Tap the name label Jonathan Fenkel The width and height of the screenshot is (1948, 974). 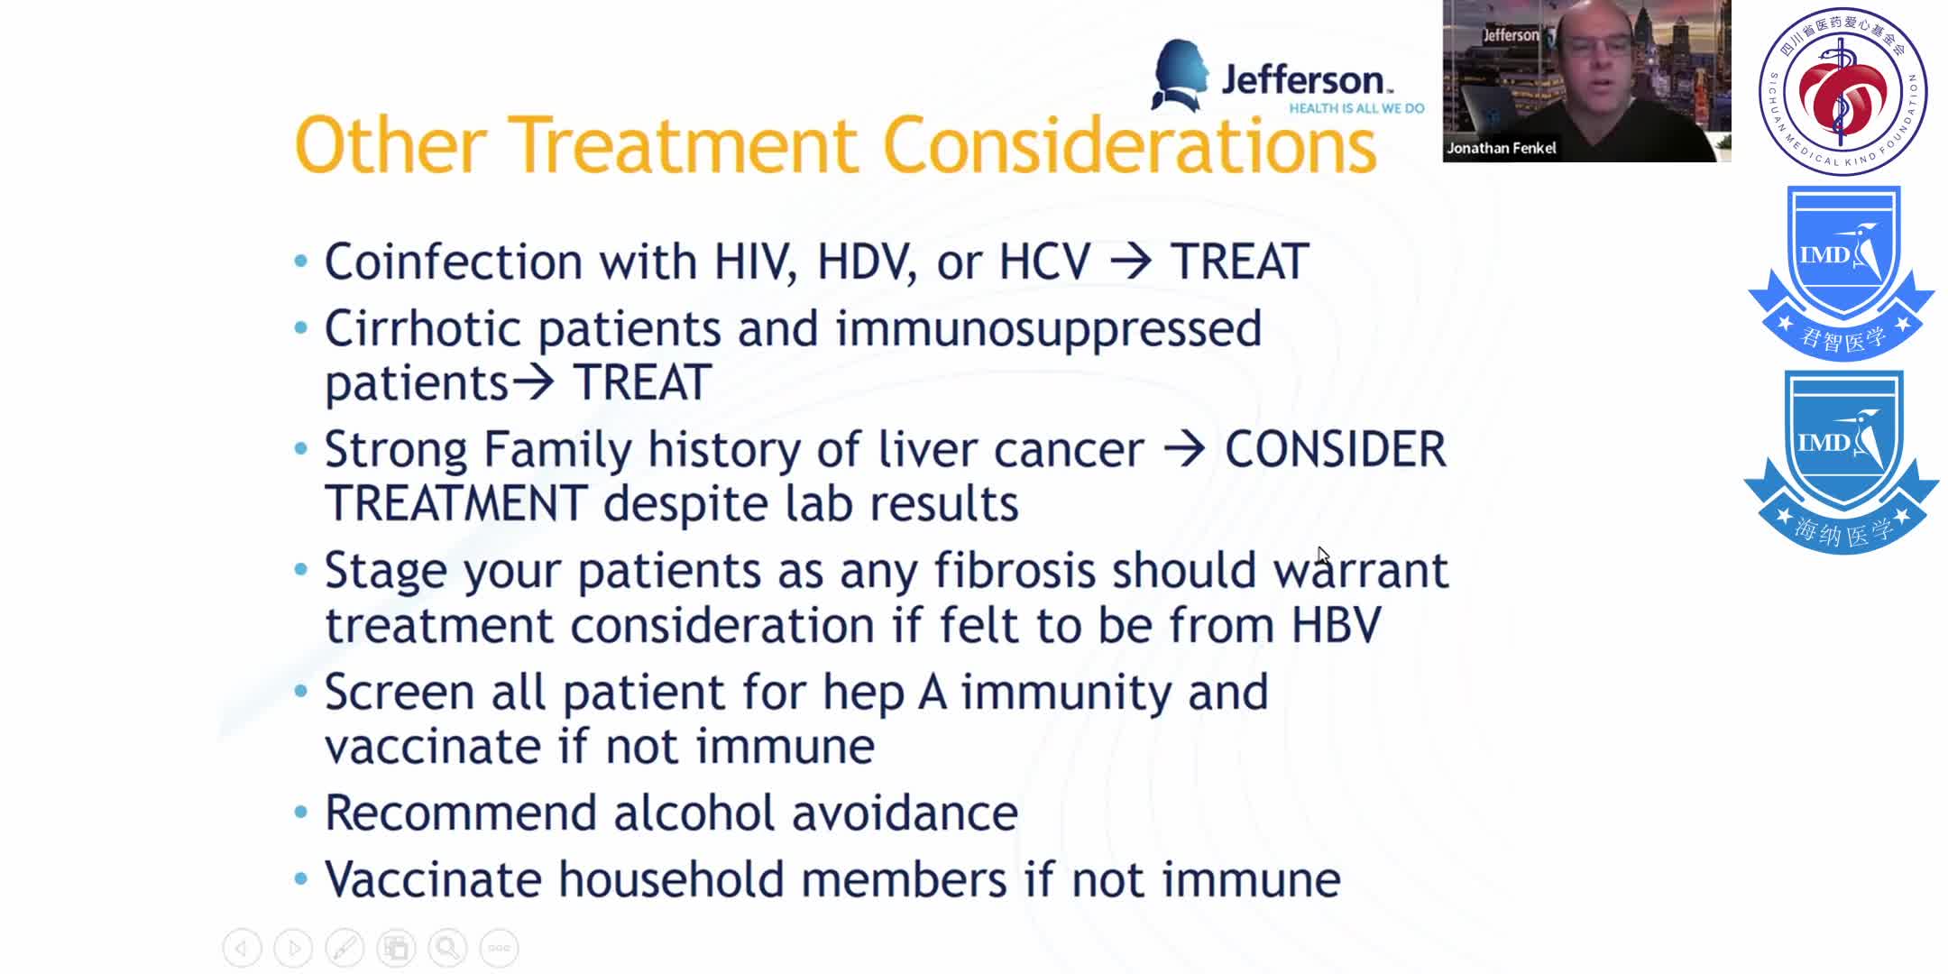[1501, 148]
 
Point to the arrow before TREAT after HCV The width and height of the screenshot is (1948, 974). [1131, 262]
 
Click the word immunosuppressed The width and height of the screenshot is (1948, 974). [1048, 329]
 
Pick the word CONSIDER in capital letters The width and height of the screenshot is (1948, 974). [1335, 450]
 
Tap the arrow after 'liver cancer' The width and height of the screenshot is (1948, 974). [1184, 450]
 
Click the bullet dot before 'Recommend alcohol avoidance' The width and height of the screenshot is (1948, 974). [301, 812]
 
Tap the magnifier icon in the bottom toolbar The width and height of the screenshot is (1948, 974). [447, 948]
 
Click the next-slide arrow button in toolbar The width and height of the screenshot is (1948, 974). [293, 948]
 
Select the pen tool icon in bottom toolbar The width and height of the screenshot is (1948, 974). [345, 948]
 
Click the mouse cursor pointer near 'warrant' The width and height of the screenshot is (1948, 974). [1323, 556]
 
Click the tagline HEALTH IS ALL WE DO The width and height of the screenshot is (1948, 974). [1356, 108]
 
